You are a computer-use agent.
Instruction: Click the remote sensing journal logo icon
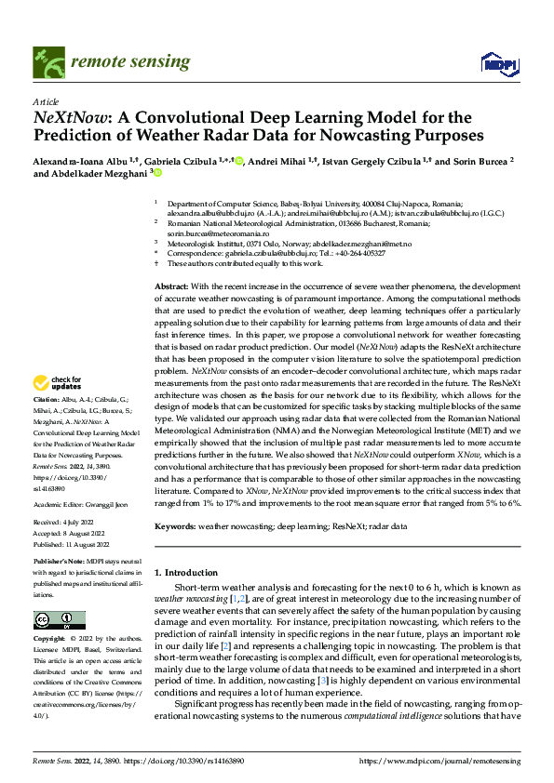[x=47, y=61]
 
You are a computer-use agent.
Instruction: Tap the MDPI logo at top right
[x=493, y=62]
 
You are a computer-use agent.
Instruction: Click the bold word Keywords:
[x=174, y=526]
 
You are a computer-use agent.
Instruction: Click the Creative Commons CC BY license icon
[x=59, y=621]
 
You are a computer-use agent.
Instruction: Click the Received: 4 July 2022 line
[x=67, y=523]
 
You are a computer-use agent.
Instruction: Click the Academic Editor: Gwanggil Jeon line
[x=85, y=505]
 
